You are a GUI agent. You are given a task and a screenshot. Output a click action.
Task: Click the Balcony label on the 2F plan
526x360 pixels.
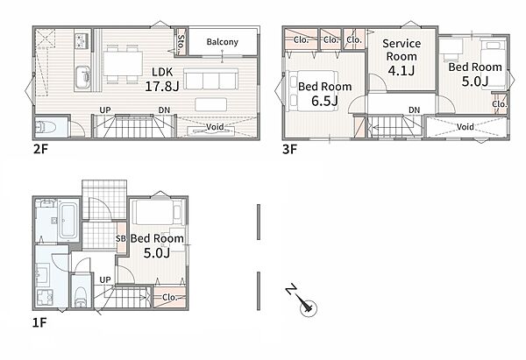point(223,42)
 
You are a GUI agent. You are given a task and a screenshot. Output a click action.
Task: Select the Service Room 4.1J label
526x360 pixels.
point(402,57)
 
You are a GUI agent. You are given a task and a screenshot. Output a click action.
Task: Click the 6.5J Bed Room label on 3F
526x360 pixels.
point(324,94)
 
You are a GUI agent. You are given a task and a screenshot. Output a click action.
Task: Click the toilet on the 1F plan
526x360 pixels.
point(81,296)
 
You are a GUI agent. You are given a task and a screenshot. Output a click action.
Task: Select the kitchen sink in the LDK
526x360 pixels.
point(83,77)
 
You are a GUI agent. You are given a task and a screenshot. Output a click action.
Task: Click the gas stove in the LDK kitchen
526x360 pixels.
point(82,40)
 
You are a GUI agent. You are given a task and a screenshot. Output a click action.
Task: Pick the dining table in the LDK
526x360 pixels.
point(123,63)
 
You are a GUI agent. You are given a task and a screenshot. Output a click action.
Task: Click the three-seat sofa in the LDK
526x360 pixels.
point(211,79)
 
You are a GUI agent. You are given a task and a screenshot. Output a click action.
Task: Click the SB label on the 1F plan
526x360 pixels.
point(121,238)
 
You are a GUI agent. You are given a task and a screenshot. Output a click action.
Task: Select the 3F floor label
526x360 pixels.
point(289,149)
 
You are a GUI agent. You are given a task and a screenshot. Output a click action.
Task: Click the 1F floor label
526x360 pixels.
point(39,322)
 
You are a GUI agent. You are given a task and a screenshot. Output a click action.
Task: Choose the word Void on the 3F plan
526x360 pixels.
point(466,127)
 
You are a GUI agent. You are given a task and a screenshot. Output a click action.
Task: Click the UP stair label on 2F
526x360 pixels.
point(105,110)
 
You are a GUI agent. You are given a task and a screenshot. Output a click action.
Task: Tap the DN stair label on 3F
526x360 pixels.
point(415,110)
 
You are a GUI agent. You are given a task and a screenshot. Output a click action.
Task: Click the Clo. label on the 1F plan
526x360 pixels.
point(169,297)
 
